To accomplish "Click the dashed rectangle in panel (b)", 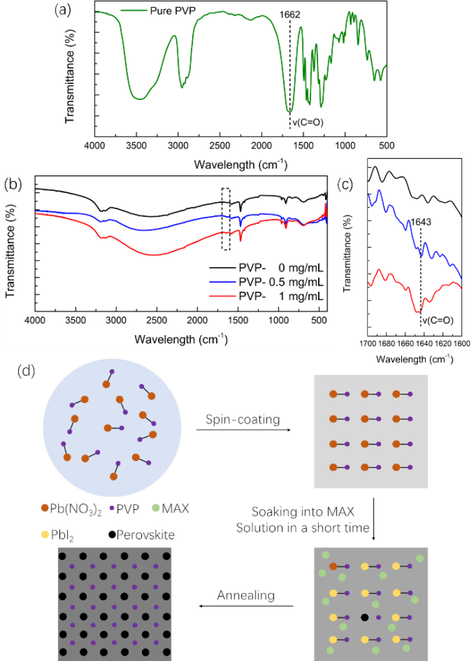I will pos(225,219).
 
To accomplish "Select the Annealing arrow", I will pos(246,606).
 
